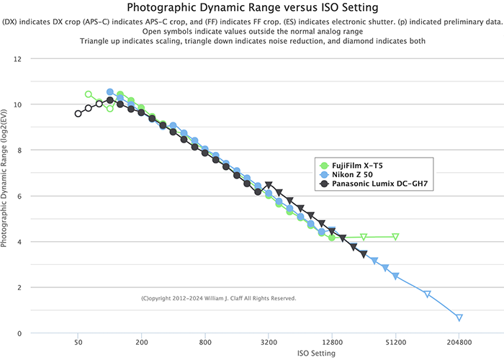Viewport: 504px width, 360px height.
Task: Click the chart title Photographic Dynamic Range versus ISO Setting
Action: pos(251,8)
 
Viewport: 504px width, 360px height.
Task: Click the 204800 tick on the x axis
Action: pos(459,343)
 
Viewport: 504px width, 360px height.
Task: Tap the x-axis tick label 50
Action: pos(78,343)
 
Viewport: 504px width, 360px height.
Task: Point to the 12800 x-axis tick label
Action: pos(332,343)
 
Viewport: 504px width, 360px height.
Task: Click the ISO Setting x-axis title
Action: pos(315,354)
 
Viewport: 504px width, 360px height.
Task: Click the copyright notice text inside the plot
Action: pos(219,298)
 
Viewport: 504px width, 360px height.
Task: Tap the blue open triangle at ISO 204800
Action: pos(459,318)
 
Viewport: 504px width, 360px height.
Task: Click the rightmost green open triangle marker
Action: pos(395,236)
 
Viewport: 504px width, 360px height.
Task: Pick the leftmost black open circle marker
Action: pos(78,114)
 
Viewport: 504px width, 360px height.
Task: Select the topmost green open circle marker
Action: pos(89,94)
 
